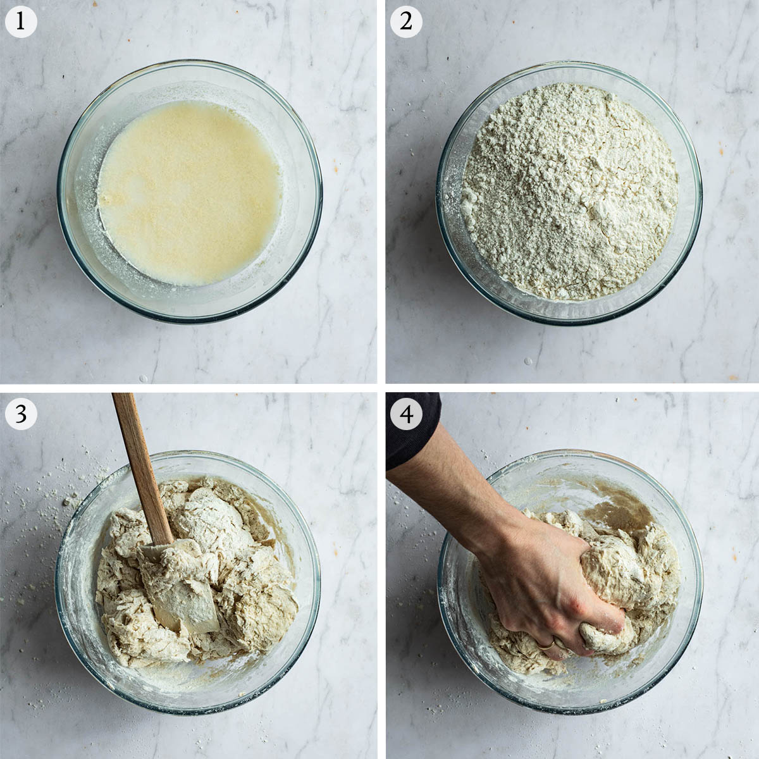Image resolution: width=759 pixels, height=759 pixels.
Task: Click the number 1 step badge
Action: pyautogui.click(x=20, y=22)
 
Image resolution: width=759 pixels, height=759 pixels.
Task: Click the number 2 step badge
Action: pyautogui.click(x=406, y=22)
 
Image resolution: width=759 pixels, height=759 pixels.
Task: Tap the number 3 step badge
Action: pyautogui.click(x=20, y=414)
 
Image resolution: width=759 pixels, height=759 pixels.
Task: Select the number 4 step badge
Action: pyautogui.click(x=406, y=414)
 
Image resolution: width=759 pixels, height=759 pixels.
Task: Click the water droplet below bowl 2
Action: pyautogui.click(x=528, y=361)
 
